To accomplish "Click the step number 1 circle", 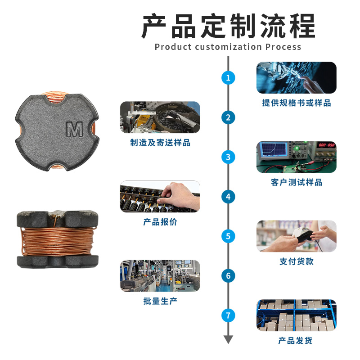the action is (228, 77).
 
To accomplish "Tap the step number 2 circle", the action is (228, 117).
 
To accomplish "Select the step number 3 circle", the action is (228, 157).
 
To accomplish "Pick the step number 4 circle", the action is (228, 197).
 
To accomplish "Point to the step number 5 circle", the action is (228, 236).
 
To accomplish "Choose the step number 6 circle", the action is (228, 276).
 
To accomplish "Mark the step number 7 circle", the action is (228, 315).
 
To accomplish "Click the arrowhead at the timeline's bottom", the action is (228, 339).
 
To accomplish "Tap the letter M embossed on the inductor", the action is (75, 130).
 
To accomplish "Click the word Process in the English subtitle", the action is (283, 47).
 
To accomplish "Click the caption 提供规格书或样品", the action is (297, 103).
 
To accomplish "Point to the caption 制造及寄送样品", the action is (160, 143).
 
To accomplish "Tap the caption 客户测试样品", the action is (297, 182).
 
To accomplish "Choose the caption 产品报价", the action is (160, 222).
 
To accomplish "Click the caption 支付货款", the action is (297, 261).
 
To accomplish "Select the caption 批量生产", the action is (160, 301).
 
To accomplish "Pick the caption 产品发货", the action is (295, 341).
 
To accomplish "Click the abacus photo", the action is (160, 197).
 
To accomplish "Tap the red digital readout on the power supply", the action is (326, 145).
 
